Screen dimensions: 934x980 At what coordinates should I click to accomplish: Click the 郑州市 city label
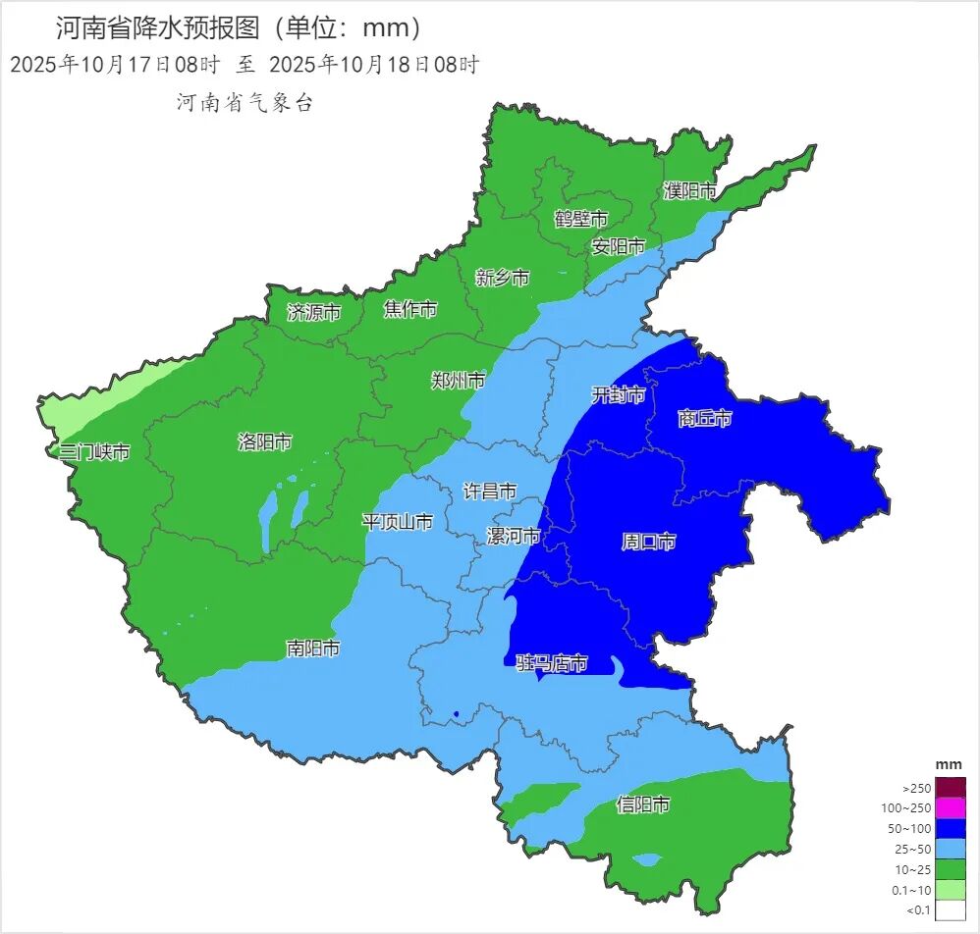coord(459,380)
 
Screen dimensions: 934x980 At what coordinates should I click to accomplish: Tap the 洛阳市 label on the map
coord(265,441)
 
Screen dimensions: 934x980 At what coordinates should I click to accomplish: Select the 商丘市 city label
coord(705,419)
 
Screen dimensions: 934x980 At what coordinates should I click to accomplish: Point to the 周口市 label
coord(649,541)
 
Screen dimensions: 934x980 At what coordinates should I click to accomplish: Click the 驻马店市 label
coord(552,664)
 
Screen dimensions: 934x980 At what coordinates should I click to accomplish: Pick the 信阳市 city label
coord(643,804)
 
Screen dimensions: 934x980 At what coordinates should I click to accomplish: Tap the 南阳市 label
coord(313,649)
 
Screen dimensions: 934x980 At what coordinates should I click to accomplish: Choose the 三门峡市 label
coord(94,451)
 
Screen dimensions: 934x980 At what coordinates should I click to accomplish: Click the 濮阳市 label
coord(689,190)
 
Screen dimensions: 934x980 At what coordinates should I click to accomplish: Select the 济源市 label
coord(314,312)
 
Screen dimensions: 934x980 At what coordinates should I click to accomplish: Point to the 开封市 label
coord(619,394)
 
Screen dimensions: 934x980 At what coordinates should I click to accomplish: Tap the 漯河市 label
coord(514,536)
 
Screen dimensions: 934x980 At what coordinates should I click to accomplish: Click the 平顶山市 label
coord(398,521)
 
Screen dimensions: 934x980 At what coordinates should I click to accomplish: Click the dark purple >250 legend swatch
coord(950,788)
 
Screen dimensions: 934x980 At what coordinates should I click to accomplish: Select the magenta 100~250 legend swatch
coord(950,808)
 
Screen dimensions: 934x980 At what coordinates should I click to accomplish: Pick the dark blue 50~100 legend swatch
coord(950,829)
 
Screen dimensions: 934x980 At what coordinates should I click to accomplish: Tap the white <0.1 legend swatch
coord(950,910)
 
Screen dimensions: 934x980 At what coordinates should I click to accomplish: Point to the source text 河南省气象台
coord(245,103)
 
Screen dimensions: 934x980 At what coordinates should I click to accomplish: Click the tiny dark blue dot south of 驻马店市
coord(457,714)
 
